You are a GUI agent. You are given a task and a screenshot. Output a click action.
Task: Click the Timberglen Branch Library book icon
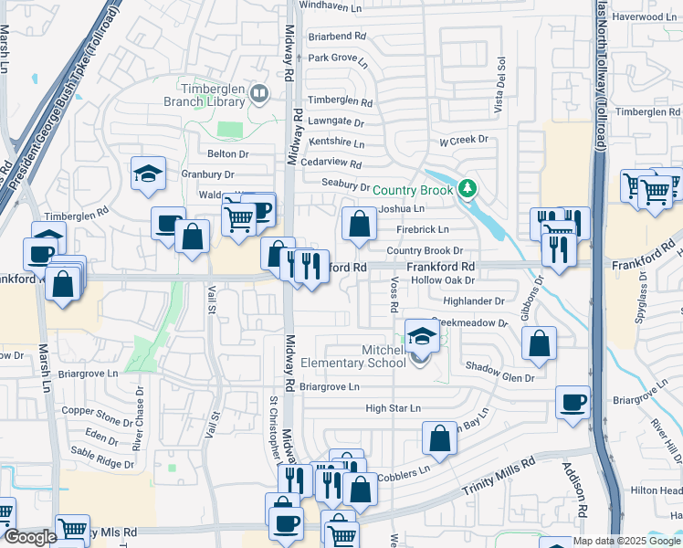pos(260,92)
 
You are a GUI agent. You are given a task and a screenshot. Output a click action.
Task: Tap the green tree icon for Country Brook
pos(468,189)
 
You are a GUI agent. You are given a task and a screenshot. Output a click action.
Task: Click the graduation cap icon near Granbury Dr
pos(146,174)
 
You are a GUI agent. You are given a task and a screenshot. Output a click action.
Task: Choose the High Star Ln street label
pos(393,408)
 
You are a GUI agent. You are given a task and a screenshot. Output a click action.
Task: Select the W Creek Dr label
pos(464,142)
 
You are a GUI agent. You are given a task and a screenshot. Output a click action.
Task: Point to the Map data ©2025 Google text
pos(626,541)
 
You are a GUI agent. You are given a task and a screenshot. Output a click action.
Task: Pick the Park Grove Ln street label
pos(338,60)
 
